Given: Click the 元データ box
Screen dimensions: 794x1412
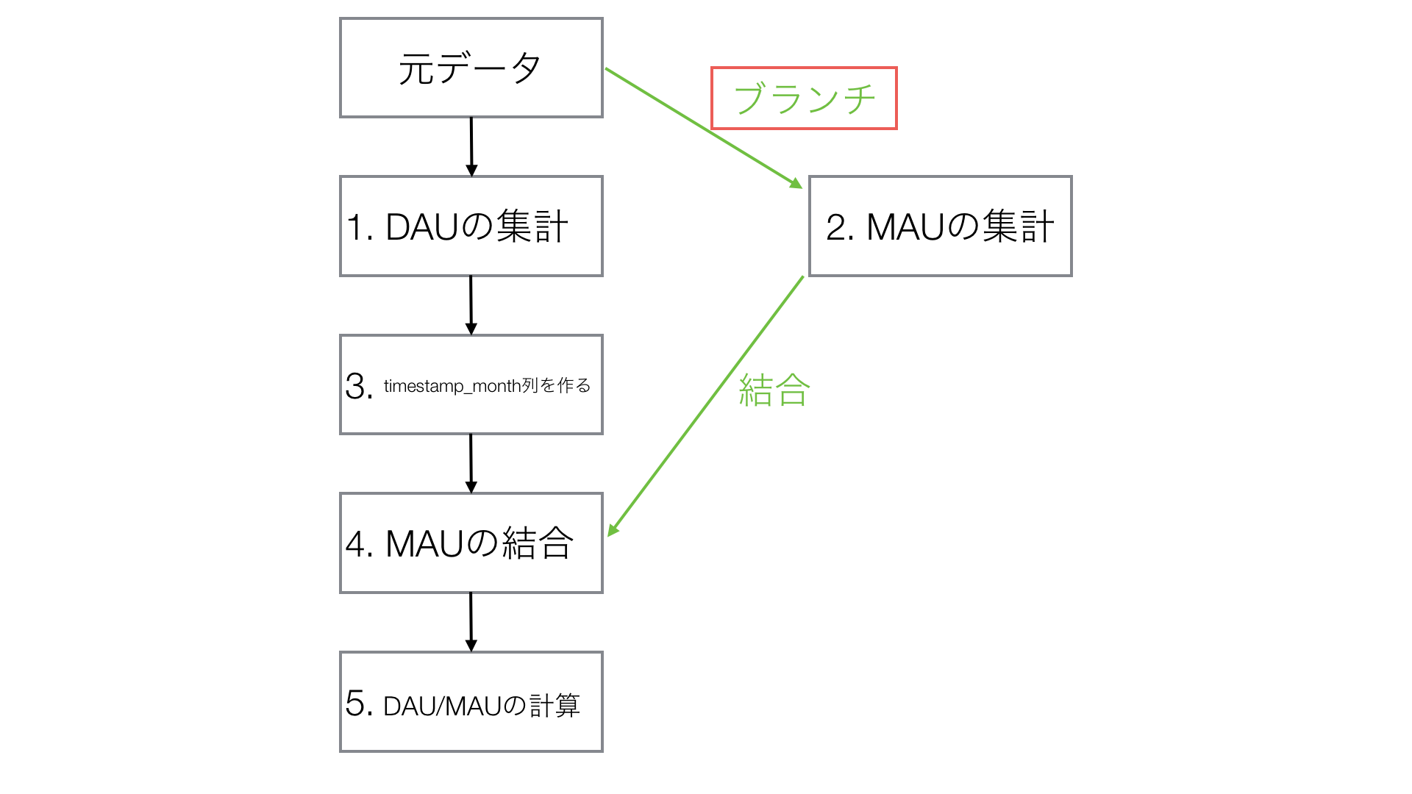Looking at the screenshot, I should pyautogui.click(x=471, y=68).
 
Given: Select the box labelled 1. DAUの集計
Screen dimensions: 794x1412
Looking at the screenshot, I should pyautogui.click(x=471, y=226).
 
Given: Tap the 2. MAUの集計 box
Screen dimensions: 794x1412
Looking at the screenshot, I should pyautogui.click(x=940, y=226).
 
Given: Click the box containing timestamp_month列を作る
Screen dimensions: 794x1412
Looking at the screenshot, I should pyautogui.click(x=471, y=385).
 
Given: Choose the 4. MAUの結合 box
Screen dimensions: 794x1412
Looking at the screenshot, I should pyautogui.click(x=471, y=543).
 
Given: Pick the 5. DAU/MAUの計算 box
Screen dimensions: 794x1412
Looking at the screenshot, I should pyautogui.click(x=471, y=701).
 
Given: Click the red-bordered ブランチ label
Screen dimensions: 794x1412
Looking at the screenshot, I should pyautogui.click(x=804, y=99).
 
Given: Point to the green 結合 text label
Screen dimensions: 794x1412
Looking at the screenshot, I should pyautogui.click(x=774, y=390).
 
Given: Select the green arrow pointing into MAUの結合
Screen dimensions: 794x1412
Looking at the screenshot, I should pyautogui.click(x=706, y=406).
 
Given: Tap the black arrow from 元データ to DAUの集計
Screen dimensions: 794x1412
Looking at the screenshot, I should pyautogui.click(x=471, y=146).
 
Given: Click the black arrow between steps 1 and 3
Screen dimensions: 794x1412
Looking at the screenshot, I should pyautogui.click(x=471, y=305).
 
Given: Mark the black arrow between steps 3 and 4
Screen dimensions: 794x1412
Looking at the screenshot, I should pyautogui.click(x=471, y=463).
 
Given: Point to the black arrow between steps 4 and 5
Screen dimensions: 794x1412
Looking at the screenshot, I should pyautogui.click(x=471, y=622).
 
